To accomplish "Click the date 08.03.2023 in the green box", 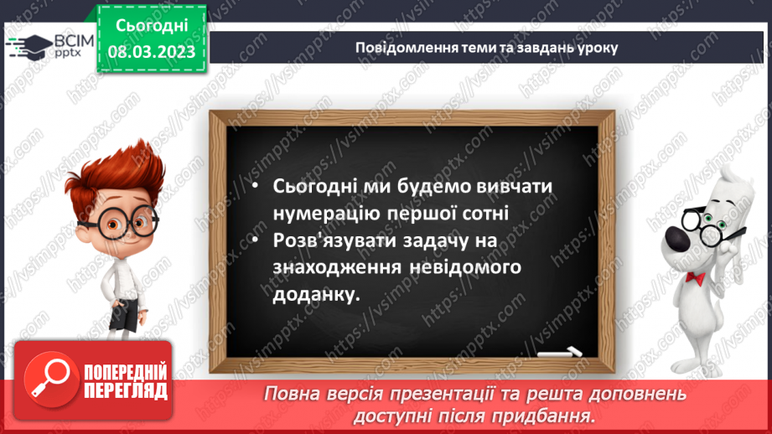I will click(152, 53).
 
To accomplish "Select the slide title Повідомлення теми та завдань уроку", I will click(486, 47).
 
